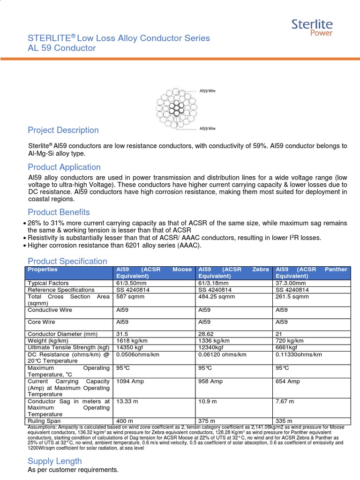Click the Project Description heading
(x=63, y=130)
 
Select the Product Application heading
(x=64, y=167)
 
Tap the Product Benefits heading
(x=59, y=212)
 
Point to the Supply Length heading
(x=55, y=461)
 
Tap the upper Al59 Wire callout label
(x=207, y=90)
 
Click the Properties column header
(x=43, y=270)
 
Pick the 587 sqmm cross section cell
(x=129, y=297)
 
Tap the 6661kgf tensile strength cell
(x=287, y=347)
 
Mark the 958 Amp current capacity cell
(x=210, y=382)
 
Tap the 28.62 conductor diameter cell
(x=206, y=334)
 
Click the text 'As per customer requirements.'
(x=73, y=470)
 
